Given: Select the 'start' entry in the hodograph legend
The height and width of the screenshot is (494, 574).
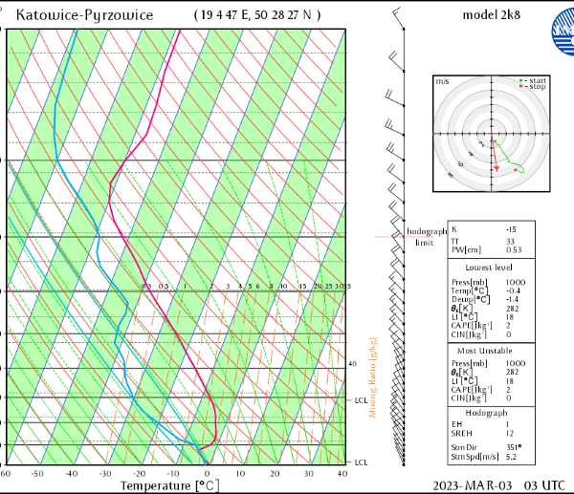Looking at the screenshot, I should pyautogui.click(x=536, y=80).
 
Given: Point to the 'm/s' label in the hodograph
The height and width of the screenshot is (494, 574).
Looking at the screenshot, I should pyautogui.click(x=442, y=82).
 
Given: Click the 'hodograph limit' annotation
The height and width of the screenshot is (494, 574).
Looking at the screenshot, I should pyautogui.click(x=426, y=237).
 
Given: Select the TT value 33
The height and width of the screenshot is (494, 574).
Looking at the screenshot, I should pyautogui.click(x=511, y=241).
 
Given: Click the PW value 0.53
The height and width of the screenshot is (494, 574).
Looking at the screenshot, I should pyautogui.click(x=514, y=250).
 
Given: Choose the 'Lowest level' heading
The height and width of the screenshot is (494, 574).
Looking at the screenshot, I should pyautogui.click(x=489, y=268).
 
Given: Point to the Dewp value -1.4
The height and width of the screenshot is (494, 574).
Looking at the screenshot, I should pyautogui.click(x=514, y=300).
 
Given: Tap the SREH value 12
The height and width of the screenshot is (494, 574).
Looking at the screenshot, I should pyautogui.click(x=511, y=433).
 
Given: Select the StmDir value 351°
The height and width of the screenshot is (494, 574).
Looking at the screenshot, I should pyautogui.click(x=513, y=446).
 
